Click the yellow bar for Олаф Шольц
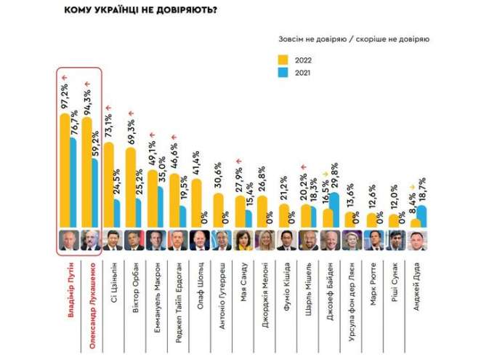pyautogui.click(x=196, y=203)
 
